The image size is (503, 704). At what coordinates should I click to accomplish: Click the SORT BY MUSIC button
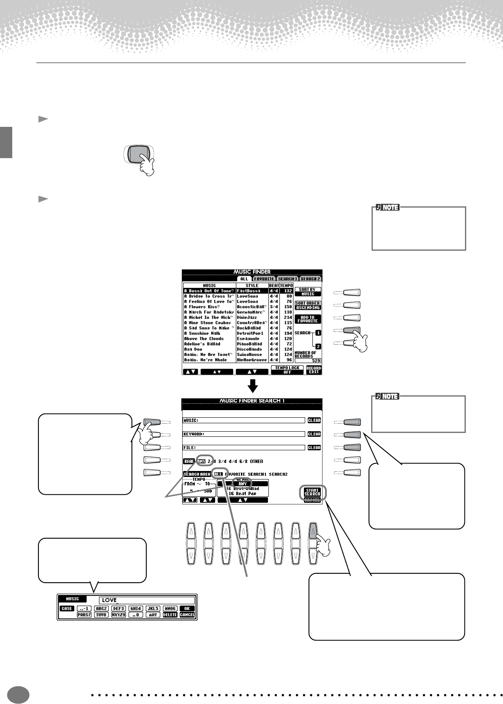coord(307,292)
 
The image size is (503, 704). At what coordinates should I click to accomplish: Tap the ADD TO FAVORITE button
coord(307,319)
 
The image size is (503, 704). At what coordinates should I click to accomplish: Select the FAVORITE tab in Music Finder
coord(264,279)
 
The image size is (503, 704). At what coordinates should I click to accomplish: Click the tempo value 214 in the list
coord(288,318)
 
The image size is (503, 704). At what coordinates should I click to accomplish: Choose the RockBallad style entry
coord(249,328)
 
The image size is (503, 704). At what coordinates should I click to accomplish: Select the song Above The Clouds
coord(204,339)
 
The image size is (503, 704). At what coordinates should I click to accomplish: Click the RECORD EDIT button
coord(314,370)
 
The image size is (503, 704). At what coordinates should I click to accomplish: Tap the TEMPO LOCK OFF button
coord(287,370)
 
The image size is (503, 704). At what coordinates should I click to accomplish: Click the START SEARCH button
coord(312,492)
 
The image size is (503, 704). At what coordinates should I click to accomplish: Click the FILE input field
coord(243,447)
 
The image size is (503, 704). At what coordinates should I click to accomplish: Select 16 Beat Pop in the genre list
coord(243,493)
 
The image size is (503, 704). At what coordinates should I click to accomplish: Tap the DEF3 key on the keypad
coord(118,608)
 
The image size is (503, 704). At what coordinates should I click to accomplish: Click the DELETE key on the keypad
coord(170,615)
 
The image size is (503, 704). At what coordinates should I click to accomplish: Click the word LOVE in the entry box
coord(109,600)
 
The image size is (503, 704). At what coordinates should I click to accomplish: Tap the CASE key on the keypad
coord(67,608)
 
